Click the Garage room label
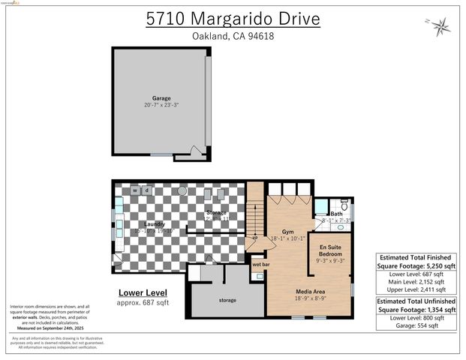(161, 98)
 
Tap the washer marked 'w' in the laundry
(135, 190)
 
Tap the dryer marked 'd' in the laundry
(146, 190)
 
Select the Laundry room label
(155, 224)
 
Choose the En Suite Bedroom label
(332, 250)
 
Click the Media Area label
(311, 291)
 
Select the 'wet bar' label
(261, 265)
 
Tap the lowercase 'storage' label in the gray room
(227, 300)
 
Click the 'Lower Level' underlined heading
(143, 292)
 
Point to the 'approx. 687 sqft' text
(143, 303)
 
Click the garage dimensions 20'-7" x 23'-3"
(161, 106)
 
